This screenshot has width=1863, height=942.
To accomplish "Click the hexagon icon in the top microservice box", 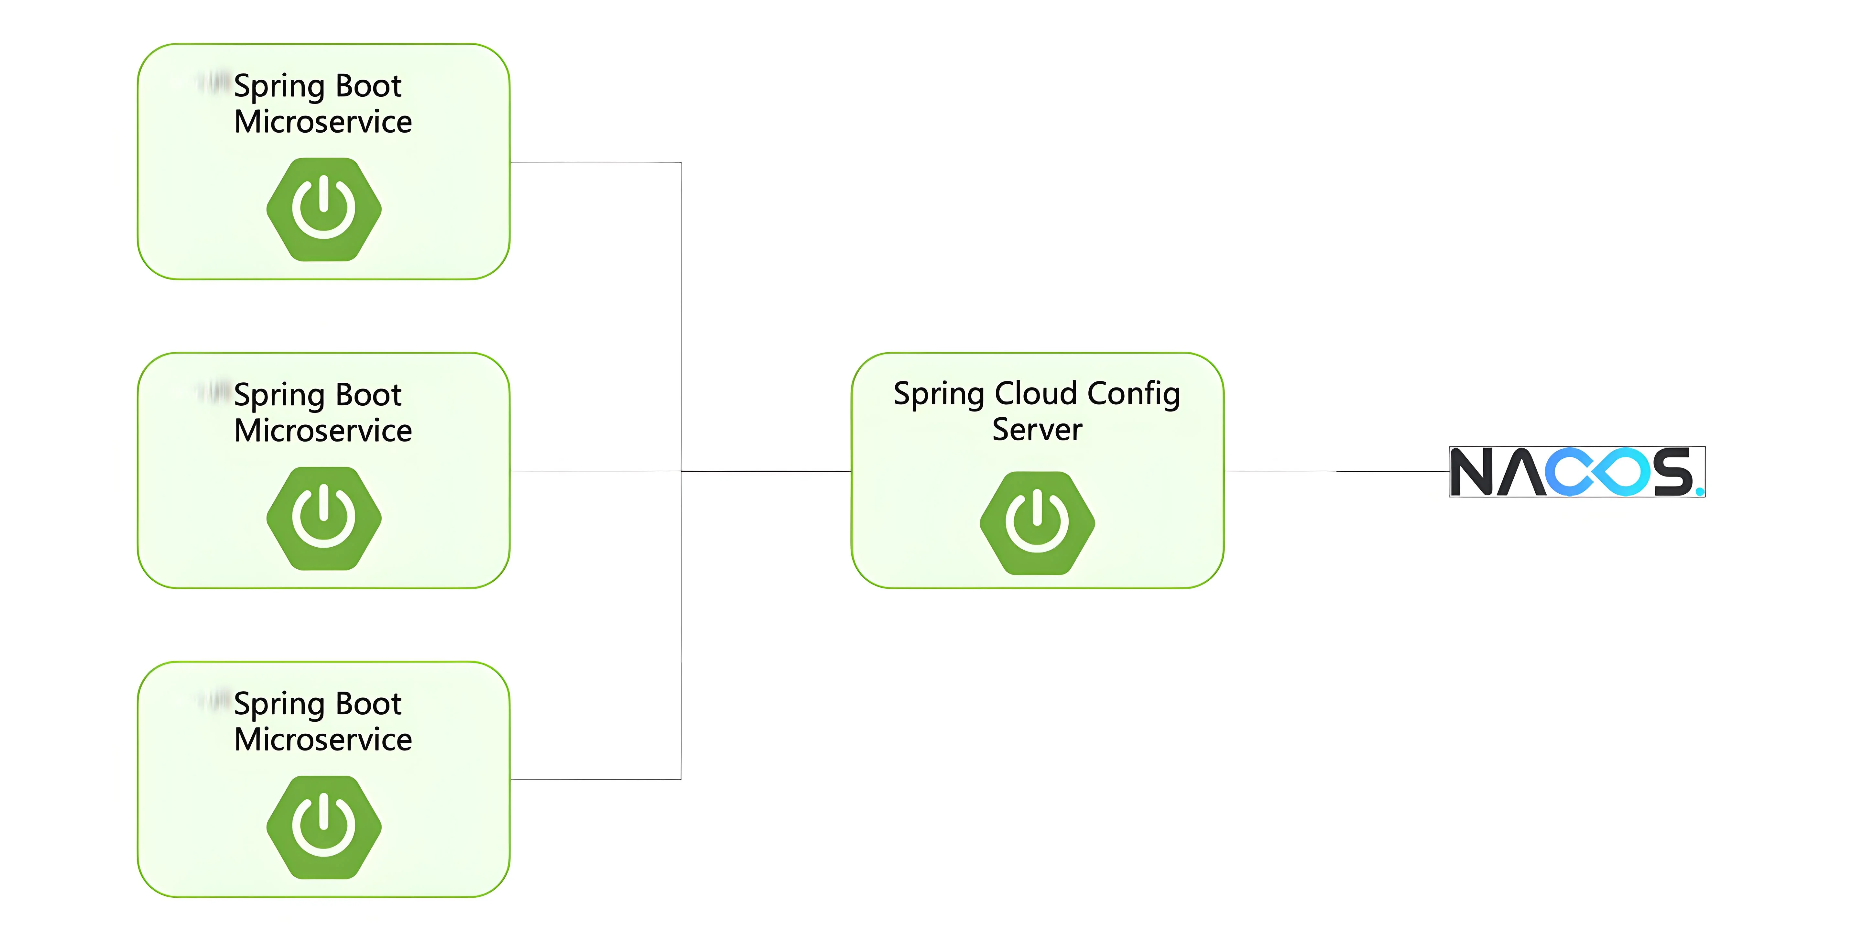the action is pyautogui.click(x=324, y=209).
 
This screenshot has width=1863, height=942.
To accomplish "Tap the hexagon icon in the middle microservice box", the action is pyautogui.click(x=324, y=518).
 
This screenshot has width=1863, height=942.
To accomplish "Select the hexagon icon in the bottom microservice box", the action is pyautogui.click(x=324, y=827).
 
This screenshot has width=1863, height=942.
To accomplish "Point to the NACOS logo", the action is pyautogui.click(x=1577, y=472).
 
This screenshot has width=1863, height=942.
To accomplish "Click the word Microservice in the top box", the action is pyautogui.click(x=323, y=122).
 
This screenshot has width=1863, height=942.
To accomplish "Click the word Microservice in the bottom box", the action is pyautogui.click(x=323, y=739).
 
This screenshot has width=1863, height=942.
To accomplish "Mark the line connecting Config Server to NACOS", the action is pyautogui.click(x=1336, y=471).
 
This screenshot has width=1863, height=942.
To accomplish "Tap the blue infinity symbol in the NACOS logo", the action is pyautogui.click(x=1597, y=472).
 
